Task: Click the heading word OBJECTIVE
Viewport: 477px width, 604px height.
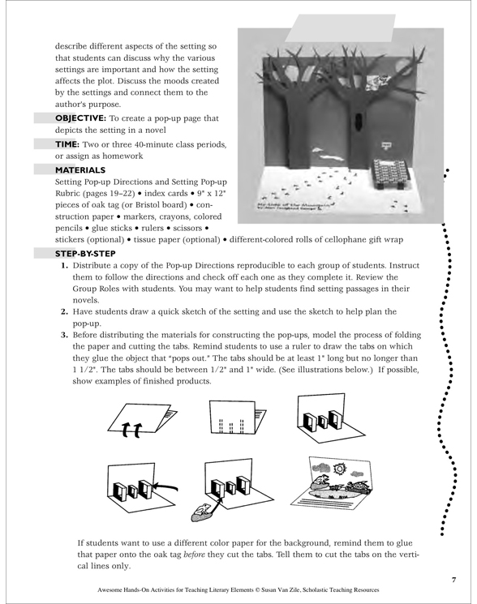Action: point(80,118)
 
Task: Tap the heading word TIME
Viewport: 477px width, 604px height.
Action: point(67,144)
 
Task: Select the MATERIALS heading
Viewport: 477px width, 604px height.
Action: point(80,170)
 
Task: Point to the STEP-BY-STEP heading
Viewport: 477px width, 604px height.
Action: point(85,254)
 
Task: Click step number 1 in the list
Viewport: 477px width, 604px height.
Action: point(64,265)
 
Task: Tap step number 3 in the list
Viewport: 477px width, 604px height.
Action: point(64,335)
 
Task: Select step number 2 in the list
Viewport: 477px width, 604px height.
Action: point(64,311)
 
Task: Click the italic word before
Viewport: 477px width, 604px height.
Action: point(194,555)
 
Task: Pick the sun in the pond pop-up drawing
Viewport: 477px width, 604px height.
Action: point(340,469)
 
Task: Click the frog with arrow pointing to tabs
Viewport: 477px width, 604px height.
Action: point(200,511)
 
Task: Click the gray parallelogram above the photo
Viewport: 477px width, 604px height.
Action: point(340,28)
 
